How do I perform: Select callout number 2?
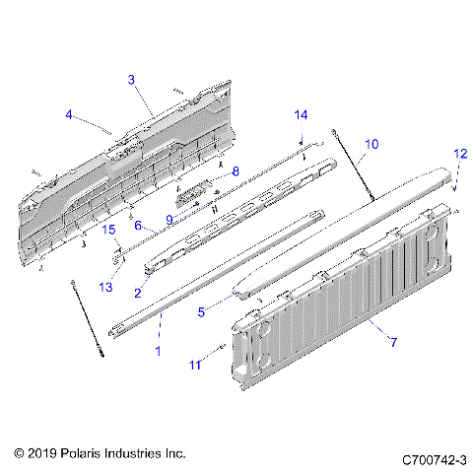tap(138, 292)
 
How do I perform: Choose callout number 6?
tap(138, 225)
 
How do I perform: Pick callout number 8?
tap(235, 171)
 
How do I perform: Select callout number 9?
tap(169, 219)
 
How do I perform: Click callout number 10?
tap(371, 144)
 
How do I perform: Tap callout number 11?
tap(194, 365)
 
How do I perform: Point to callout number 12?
tap(460, 154)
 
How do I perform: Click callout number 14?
tap(301, 114)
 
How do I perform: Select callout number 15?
tap(110, 230)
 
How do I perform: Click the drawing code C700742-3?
tap(434, 459)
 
